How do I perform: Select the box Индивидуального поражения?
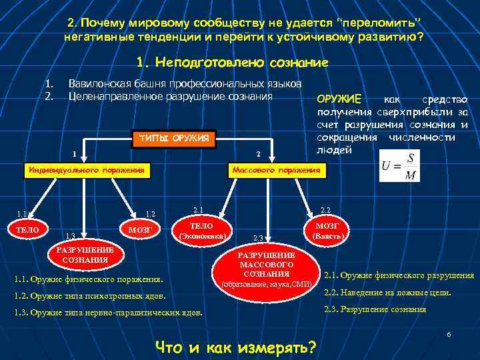tap(85, 171)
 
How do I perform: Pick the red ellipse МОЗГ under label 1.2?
tap(140, 230)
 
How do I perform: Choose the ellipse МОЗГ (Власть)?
tap(328, 231)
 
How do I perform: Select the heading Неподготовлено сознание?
tap(231, 63)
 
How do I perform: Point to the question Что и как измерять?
tap(235, 347)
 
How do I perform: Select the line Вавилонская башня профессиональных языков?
tap(185, 84)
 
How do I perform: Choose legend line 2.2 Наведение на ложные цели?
tap(387, 292)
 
